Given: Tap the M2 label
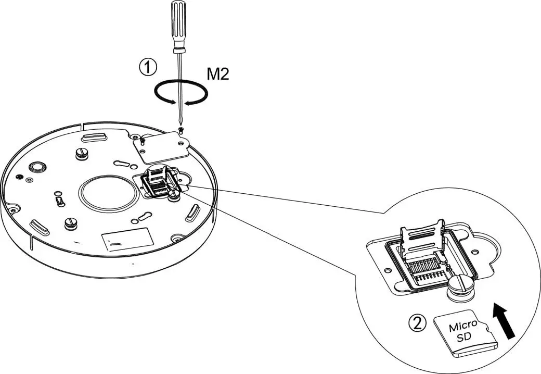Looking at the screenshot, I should click(x=218, y=74).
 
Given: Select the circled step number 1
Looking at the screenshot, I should click(x=148, y=67).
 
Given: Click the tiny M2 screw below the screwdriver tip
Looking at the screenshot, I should click(x=181, y=130).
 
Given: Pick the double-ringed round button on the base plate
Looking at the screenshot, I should click(x=37, y=166).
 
